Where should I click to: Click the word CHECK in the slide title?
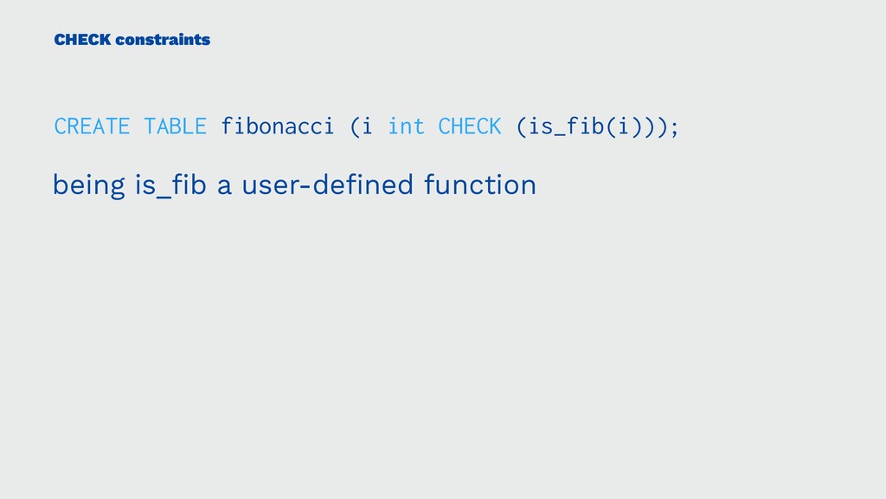tap(80, 39)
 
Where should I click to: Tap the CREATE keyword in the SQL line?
tap(92, 126)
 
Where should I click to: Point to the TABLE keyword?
tap(176, 126)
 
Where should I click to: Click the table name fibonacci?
tap(277, 126)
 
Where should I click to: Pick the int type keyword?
tap(407, 126)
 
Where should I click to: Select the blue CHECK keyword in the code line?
tap(470, 126)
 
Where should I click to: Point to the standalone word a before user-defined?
tap(224, 186)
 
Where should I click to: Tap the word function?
tap(480, 185)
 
